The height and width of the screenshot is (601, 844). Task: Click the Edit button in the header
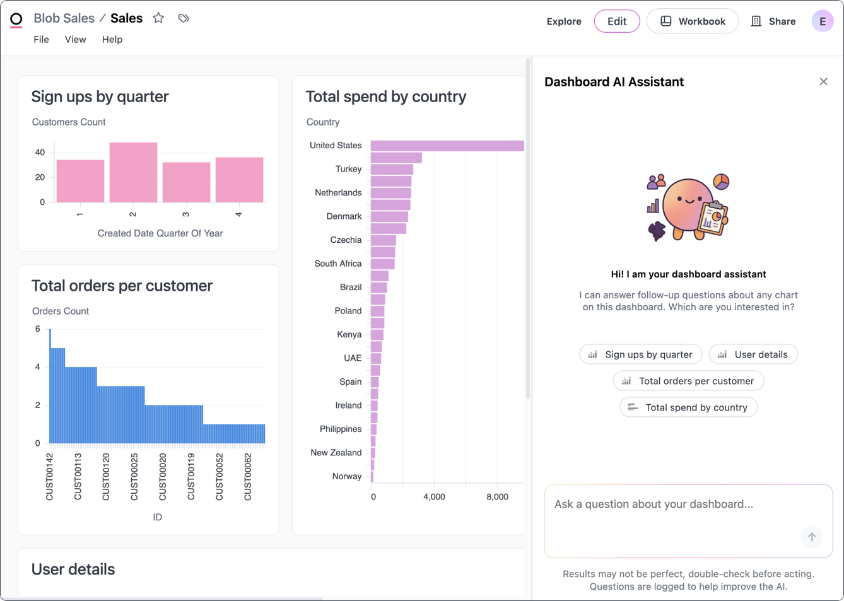point(616,21)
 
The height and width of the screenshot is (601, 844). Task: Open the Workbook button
point(692,21)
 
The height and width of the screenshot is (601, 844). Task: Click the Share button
point(773,21)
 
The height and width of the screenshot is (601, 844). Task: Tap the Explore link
point(563,21)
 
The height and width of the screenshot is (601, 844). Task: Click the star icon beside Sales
point(158,18)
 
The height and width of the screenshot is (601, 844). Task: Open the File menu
point(41,39)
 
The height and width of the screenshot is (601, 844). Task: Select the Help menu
point(112,39)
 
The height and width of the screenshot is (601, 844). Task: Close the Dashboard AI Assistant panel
point(823,82)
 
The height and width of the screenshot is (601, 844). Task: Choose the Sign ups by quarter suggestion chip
point(640,354)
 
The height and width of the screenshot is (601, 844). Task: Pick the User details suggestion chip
point(753,354)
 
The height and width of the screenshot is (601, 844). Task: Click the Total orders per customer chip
point(688,381)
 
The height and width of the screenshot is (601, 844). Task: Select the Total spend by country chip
point(688,407)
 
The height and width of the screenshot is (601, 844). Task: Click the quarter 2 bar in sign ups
point(133,173)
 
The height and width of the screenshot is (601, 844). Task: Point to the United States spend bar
point(447,146)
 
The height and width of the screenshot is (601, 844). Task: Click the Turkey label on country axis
point(348,169)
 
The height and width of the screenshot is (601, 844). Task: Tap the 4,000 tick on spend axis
point(434,497)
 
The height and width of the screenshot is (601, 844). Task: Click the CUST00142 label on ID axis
point(50,477)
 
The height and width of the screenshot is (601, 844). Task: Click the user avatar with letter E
point(822,21)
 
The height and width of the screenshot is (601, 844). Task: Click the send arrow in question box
point(812,537)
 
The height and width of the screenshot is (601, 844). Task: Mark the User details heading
point(73,569)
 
